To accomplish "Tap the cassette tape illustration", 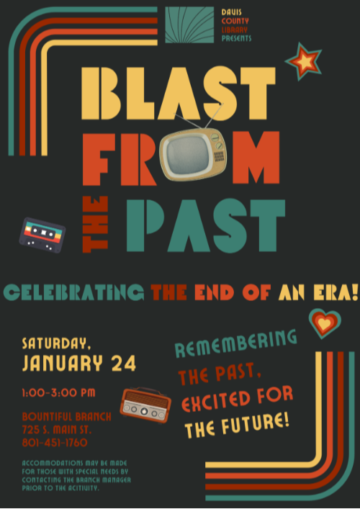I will click(42, 234).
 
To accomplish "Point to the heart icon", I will click(325, 323).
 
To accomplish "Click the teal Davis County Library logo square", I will click(189, 25).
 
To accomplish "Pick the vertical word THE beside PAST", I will click(96, 224).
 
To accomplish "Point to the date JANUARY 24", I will click(78, 364).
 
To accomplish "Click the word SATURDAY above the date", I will click(55, 342).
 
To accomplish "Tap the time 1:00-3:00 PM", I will click(58, 392).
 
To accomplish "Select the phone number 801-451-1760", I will click(55, 442).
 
